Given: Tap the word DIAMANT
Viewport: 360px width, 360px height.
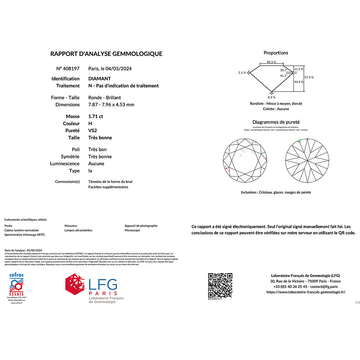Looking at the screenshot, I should click(100, 78).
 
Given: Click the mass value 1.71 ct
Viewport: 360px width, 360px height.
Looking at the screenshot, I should click(95, 116).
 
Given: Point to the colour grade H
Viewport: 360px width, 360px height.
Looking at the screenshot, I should click(90, 123).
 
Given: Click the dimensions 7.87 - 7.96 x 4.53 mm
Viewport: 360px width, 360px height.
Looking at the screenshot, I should click(111, 105).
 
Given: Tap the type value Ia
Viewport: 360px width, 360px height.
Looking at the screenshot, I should click(90, 171).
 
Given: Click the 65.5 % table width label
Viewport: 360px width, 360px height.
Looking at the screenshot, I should click(272, 62).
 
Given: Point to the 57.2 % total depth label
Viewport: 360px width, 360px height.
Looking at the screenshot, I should click(309, 77).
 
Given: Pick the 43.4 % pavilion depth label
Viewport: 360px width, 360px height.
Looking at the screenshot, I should click(299, 82).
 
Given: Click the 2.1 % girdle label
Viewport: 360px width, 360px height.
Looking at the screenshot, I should click(242, 72).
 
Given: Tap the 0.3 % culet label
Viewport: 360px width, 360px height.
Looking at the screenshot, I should click(271, 97).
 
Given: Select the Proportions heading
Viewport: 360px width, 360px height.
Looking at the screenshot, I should click(276, 53).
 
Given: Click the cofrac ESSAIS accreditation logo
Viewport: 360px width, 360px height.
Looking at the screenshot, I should click(16, 284).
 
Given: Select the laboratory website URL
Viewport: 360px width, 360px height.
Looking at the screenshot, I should click(306, 292).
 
